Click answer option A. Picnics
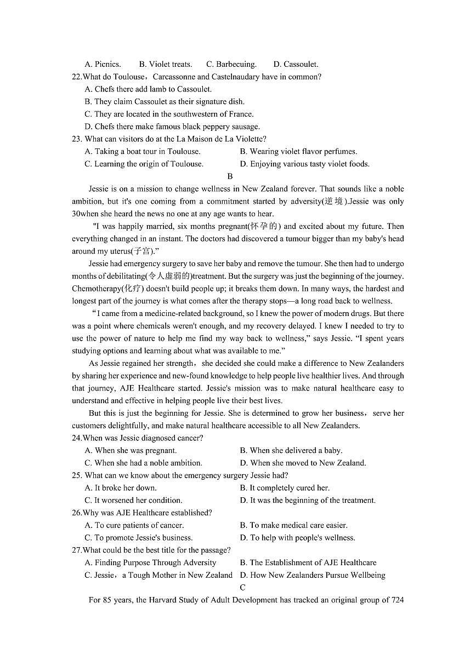(x=103, y=64)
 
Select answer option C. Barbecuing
(x=231, y=64)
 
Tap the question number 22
(x=77, y=77)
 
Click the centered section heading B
(x=230, y=176)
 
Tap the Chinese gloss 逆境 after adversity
(x=334, y=201)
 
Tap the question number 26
(x=77, y=513)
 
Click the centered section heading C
(x=242, y=588)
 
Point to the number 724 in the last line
(x=398, y=600)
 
